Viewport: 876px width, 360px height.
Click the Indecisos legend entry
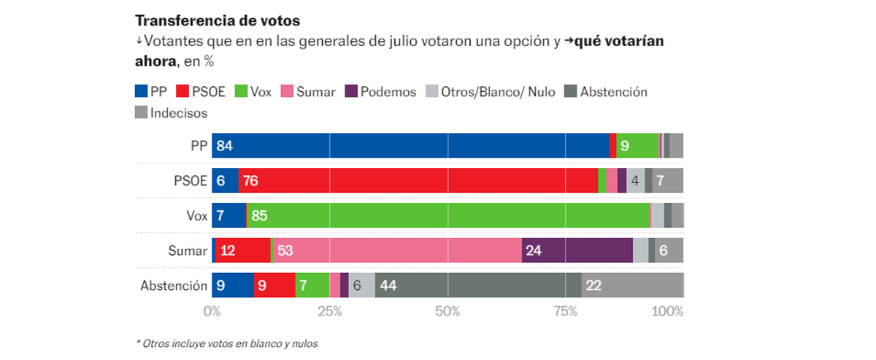[172, 112]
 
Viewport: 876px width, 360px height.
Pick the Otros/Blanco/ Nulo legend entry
[491, 92]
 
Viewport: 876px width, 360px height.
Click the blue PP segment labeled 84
[410, 146]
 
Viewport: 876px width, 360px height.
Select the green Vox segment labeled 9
[637, 146]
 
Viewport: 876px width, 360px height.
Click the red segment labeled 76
[418, 180]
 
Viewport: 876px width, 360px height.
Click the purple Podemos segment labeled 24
[577, 250]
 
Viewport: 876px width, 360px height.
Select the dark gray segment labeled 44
[478, 285]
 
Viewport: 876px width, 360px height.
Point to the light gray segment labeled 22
[632, 285]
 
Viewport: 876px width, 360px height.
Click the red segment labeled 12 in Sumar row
[243, 250]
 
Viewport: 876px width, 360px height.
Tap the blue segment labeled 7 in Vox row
[228, 215]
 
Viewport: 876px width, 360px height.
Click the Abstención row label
[174, 286]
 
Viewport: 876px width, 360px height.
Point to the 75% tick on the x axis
[565, 312]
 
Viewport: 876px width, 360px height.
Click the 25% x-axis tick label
[329, 312]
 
